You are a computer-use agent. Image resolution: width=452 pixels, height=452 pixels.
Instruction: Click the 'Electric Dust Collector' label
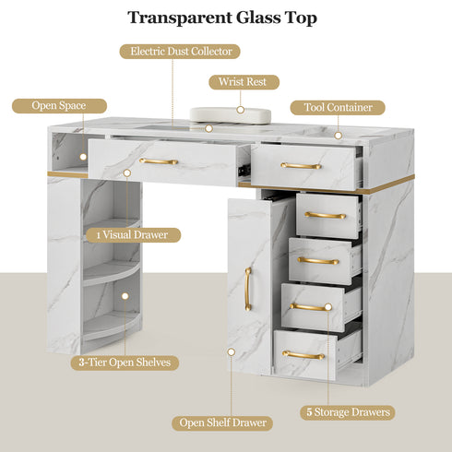click(180, 52)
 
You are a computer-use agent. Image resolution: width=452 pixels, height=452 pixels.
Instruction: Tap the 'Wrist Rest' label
click(244, 82)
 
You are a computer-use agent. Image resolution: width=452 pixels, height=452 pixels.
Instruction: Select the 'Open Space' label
click(59, 106)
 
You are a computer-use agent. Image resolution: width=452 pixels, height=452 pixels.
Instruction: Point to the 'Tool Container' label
click(338, 108)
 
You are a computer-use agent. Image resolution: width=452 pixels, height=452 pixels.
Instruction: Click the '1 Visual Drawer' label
click(133, 235)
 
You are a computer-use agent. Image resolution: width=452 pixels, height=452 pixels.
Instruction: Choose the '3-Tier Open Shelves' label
click(125, 363)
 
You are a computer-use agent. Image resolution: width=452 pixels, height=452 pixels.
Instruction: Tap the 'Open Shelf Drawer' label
click(222, 423)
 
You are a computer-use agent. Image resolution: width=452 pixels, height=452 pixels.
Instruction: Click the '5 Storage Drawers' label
click(348, 412)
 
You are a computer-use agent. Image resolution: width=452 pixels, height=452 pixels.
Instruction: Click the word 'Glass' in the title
click(258, 18)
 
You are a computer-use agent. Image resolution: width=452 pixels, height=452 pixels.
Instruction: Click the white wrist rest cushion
click(231, 115)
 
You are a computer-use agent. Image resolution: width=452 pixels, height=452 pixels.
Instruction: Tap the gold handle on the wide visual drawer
click(159, 161)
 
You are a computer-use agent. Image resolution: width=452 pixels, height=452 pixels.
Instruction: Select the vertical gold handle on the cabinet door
click(248, 289)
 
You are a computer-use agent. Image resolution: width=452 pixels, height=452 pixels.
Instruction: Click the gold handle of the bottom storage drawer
click(303, 355)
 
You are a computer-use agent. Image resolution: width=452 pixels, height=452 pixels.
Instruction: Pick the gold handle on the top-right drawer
click(301, 166)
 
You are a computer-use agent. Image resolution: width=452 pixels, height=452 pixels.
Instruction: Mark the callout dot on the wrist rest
click(241, 110)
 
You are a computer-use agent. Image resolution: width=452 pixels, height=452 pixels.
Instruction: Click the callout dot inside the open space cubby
click(83, 157)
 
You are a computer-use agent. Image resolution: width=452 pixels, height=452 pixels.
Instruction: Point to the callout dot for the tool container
click(339, 136)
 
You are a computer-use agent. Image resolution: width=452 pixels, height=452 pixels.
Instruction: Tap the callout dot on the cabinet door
click(232, 351)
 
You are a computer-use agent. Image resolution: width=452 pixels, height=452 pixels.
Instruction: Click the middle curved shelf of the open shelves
click(112, 272)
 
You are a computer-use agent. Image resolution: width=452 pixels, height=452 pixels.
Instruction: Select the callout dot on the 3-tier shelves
click(125, 296)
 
